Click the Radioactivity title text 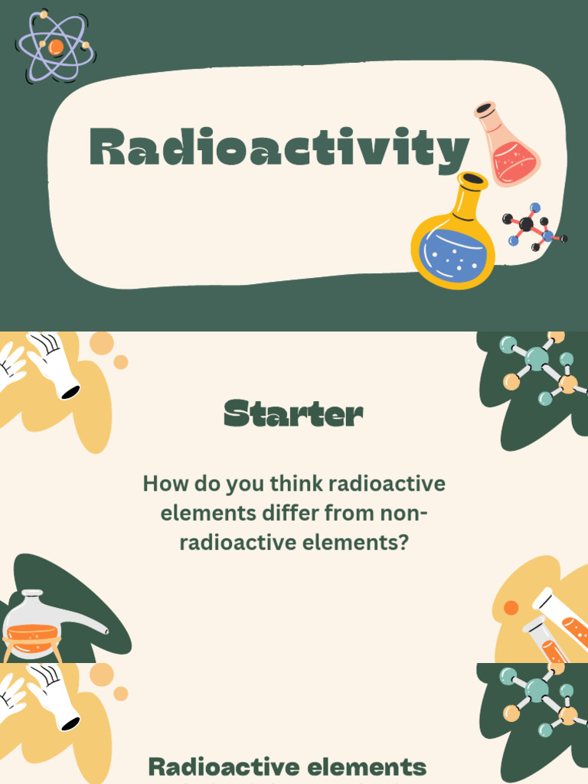(x=279, y=148)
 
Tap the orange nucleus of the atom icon (x=55, y=47)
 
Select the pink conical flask (x=507, y=143)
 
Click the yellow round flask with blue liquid (x=453, y=230)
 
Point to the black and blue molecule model (x=534, y=227)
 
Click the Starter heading (x=293, y=413)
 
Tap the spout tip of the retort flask (x=106, y=632)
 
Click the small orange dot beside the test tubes (x=511, y=608)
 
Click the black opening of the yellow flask (x=472, y=180)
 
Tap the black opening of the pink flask (x=485, y=109)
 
